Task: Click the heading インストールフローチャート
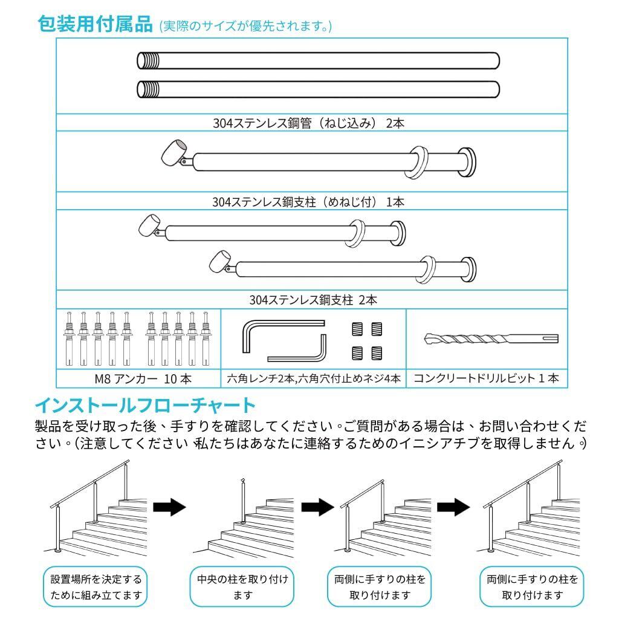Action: point(146,404)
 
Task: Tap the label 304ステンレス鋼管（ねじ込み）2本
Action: point(308,123)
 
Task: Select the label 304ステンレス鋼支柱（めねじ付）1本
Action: point(308,202)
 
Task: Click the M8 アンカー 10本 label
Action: point(139,379)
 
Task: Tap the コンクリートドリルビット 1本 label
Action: point(486,379)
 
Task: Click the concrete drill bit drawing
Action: point(491,339)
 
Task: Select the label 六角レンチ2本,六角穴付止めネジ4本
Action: point(314,379)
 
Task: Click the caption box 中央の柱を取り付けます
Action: point(242,587)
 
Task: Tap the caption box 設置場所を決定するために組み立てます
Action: point(96,587)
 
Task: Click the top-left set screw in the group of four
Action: point(357,328)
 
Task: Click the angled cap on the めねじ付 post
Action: point(173,154)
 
